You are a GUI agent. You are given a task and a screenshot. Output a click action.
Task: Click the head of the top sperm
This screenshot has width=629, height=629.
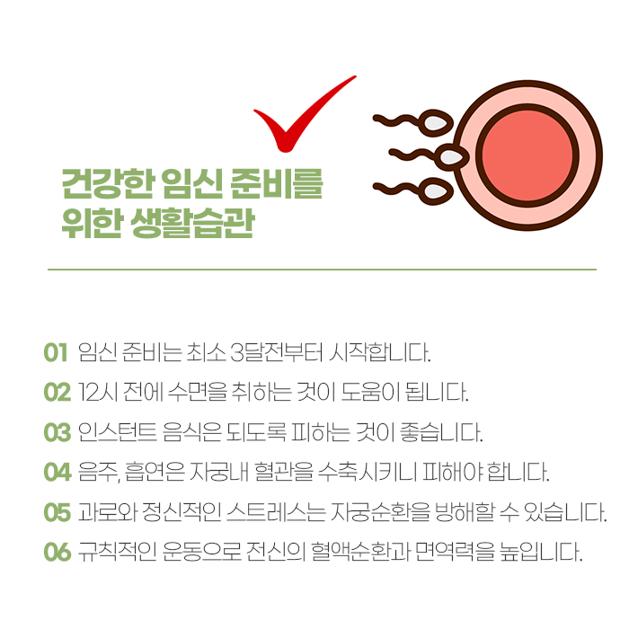click(438, 121)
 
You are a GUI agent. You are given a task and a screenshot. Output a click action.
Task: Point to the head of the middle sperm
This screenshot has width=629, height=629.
click(455, 158)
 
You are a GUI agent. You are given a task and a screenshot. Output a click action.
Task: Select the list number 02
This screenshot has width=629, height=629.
click(57, 393)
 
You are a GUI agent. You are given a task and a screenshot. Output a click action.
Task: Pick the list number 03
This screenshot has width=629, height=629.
click(57, 432)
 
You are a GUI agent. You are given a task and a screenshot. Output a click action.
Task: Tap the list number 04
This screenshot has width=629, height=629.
click(57, 472)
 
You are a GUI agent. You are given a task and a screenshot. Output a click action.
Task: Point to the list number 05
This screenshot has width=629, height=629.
click(57, 512)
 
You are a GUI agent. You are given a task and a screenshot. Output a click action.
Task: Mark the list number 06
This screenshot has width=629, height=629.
click(57, 552)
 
